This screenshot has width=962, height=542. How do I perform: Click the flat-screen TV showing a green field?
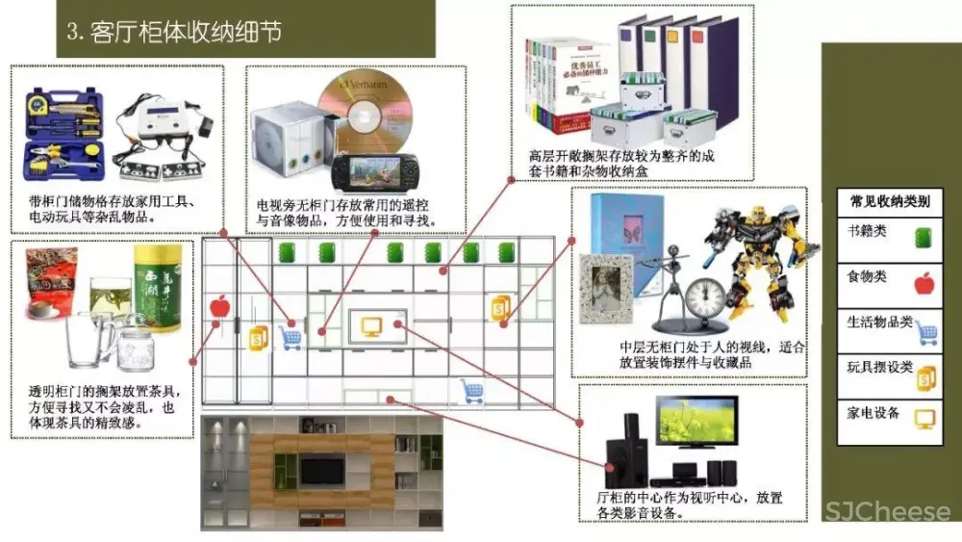point(696,431)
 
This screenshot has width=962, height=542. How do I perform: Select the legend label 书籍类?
point(867,232)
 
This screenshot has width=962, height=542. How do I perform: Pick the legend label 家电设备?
point(873,413)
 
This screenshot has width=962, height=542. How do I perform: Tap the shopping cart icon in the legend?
point(926,333)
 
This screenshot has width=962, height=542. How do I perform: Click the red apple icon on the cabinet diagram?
point(220,307)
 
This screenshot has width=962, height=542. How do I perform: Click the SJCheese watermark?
point(886,511)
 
